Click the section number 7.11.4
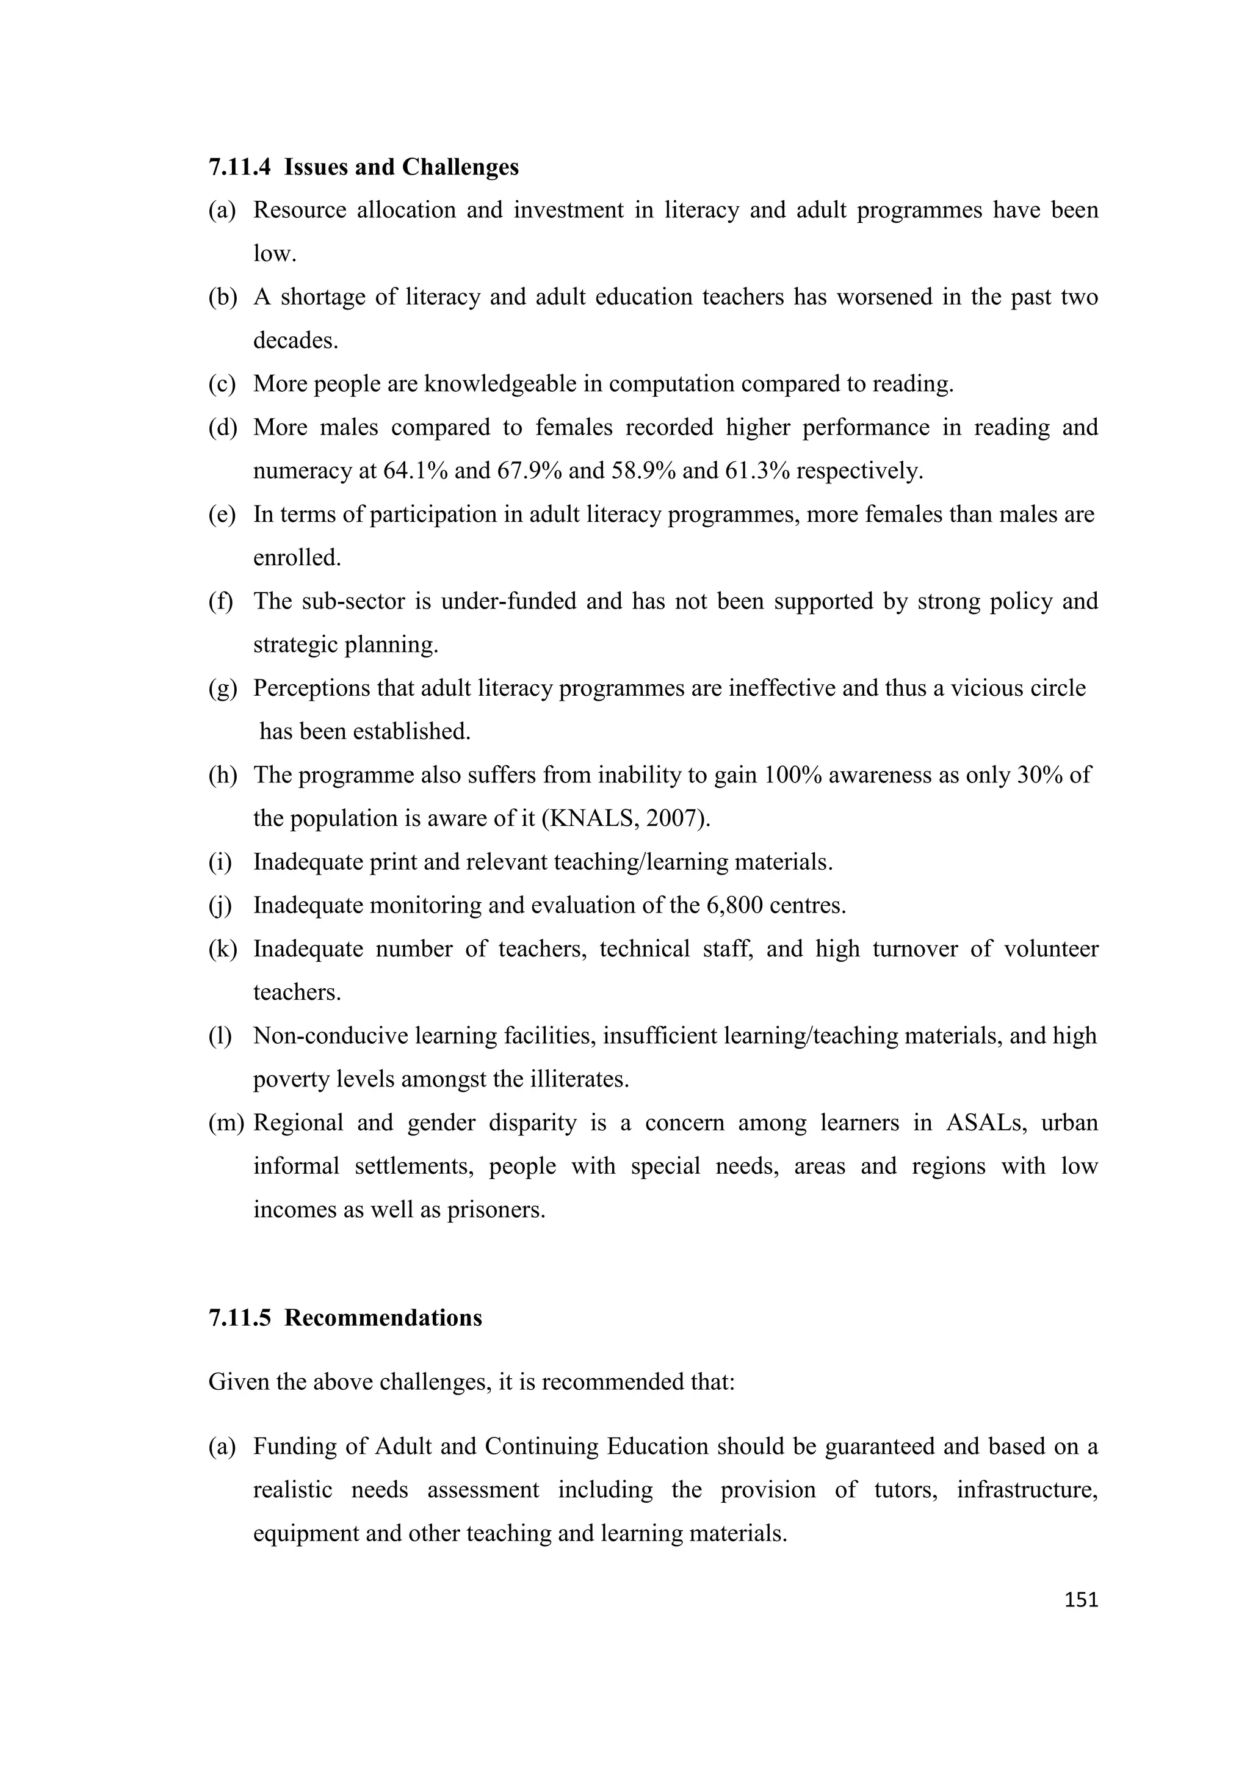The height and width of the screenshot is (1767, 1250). point(239,167)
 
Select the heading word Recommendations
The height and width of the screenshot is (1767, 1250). point(383,1318)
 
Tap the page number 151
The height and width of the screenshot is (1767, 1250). point(1081,1600)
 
